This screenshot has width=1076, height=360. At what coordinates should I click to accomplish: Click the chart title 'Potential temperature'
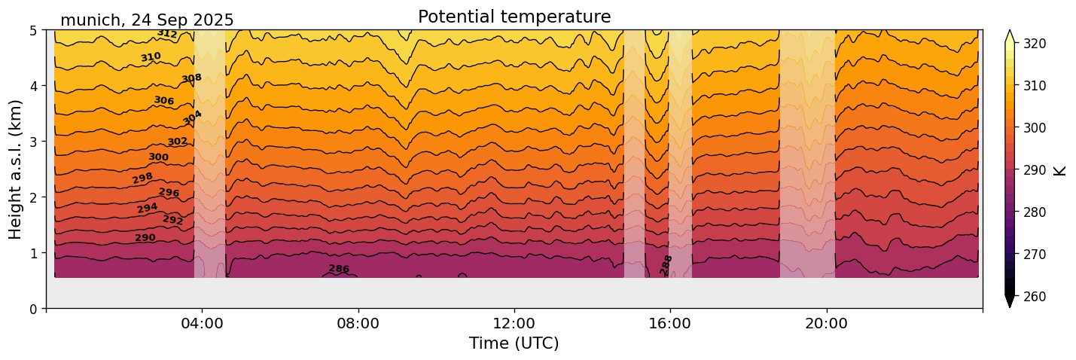click(x=514, y=17)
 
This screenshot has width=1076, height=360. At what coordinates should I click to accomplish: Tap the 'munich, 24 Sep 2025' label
click(x=147, y=20)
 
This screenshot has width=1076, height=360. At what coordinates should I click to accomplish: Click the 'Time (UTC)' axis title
click(x=514, y=343)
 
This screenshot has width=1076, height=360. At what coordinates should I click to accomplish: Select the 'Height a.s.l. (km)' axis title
click(x=16, y=169)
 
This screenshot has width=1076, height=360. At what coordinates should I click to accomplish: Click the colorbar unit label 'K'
click(x=1060, y=170)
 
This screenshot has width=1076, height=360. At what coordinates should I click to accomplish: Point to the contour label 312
click(x=167, y=34)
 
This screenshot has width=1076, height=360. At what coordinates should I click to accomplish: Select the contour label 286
click(x=339, y=269)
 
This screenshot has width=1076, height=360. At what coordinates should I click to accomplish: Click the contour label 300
click(x=158, y=157)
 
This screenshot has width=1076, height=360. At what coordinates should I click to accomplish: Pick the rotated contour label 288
click(x=666, y=264)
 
